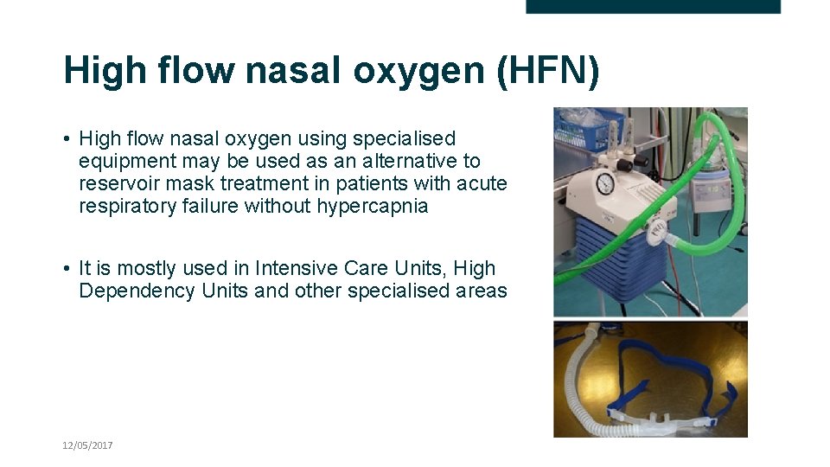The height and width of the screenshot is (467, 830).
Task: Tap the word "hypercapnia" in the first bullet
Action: (x=375, y=206)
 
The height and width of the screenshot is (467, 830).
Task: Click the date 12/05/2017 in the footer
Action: (x=87, y=445)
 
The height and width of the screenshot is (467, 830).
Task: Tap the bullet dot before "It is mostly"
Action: (x=67, y=269)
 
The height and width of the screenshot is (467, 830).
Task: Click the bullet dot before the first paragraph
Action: (x=67, y=138)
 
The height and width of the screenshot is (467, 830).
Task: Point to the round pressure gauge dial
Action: (x=604, y=183)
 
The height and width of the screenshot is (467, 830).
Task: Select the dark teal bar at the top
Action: (x=653, y=6)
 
